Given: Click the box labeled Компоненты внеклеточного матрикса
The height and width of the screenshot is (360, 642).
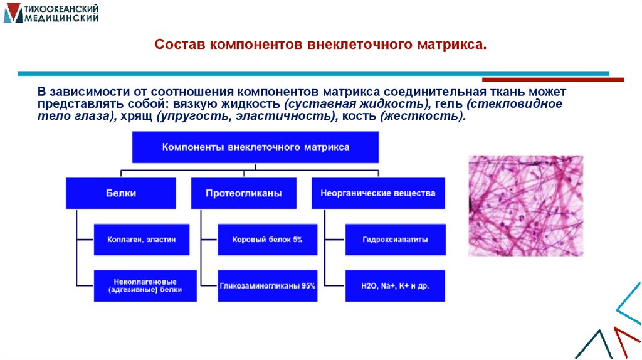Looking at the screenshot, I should [x=255, y=147].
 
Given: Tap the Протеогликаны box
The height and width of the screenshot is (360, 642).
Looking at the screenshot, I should [x=243, y=193].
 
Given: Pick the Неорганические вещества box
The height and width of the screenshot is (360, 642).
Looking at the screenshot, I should [x=377, y=193].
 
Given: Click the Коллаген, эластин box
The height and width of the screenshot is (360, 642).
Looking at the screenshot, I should [x=141, y=239].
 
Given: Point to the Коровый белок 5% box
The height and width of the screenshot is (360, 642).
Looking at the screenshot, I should [x=267, y=239].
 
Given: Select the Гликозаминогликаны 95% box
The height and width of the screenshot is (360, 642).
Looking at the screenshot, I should [x=267, y=285].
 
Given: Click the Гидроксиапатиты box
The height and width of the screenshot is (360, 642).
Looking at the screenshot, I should [x=395, y=239].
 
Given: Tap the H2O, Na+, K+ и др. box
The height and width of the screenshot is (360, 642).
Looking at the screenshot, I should [x=395, y=285].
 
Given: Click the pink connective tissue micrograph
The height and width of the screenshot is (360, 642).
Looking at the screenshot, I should [x=525, y=205].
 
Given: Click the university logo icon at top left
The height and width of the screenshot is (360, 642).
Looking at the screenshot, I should [x=12, y=13].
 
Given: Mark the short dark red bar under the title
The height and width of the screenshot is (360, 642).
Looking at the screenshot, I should [x=552, y=80].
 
